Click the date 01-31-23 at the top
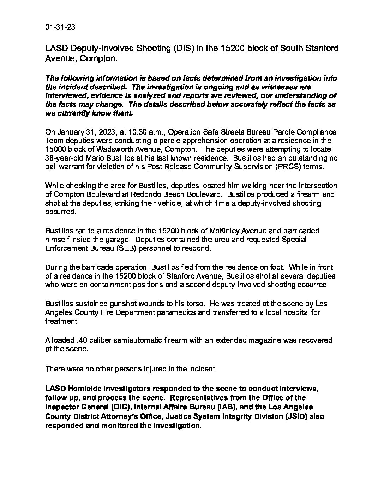click(x=60, y=27)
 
